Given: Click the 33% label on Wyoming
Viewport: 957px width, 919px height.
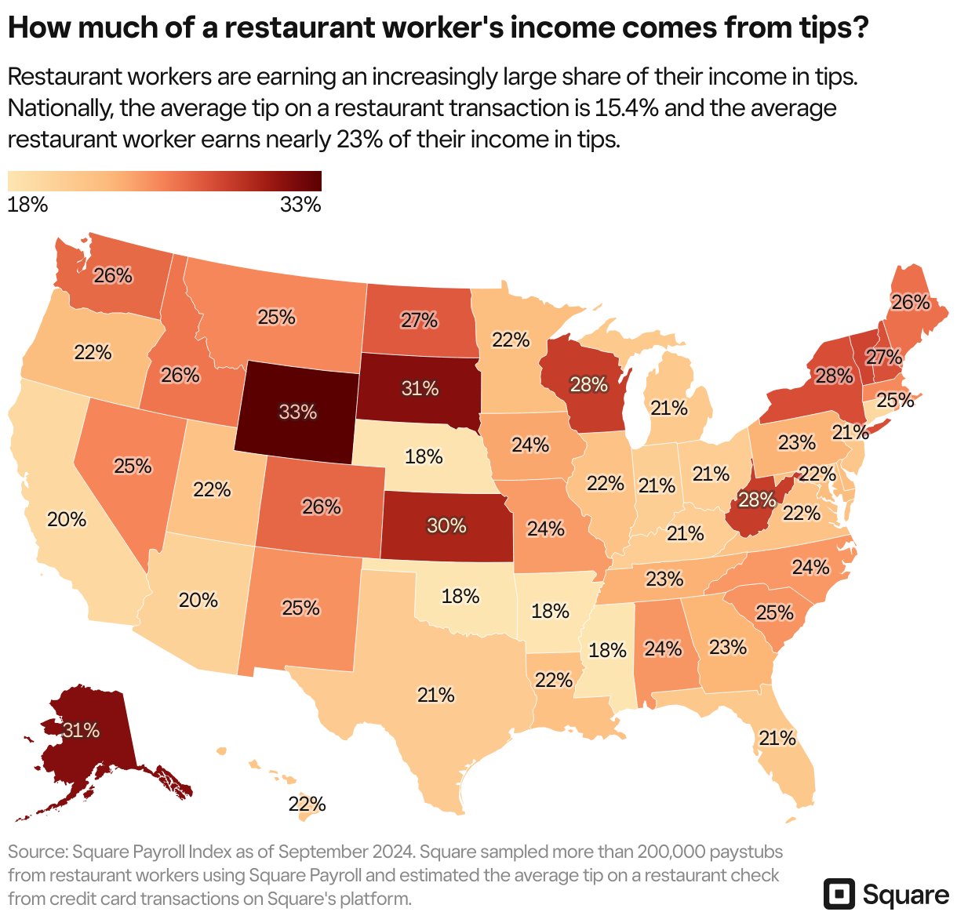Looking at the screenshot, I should [x=298, y=412].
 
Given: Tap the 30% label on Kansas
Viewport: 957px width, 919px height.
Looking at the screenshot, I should [x=446, y=525].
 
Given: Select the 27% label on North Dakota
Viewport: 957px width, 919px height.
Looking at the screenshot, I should [x=419, y=320].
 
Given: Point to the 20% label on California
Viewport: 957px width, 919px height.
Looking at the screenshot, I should [x=67, y=519].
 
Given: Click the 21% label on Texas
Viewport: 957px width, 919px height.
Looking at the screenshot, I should [x=435, y=695].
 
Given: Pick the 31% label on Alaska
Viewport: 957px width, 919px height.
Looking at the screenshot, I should [x=82, y=730].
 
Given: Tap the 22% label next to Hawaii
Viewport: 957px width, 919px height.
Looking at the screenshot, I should [x=307, y=804].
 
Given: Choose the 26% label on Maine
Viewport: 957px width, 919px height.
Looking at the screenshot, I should [x=910, y=302].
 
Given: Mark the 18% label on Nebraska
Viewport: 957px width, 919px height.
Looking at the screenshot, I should [x=424, y=456].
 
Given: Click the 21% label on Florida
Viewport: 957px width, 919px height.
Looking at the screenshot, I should [x=777, y=738].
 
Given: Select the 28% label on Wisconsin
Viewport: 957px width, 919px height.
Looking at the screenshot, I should [x=588, y=384].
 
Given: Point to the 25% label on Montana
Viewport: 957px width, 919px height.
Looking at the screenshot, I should [x=276, y=317].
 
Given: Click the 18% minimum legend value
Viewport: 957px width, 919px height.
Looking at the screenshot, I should [x=27, y=205].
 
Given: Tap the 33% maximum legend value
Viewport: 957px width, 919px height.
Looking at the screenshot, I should [x=300, y=205].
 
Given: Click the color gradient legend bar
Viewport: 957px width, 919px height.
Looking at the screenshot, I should [x=165, y=181].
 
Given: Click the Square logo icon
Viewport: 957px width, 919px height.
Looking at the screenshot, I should [x=839, y=895].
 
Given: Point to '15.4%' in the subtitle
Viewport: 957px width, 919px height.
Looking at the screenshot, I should [x=616, y=108].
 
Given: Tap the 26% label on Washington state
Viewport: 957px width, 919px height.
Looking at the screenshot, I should [x=113, y=275].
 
